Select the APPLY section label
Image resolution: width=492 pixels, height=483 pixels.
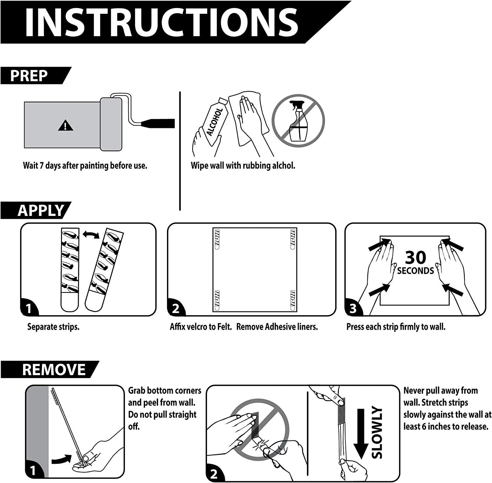point(36,210)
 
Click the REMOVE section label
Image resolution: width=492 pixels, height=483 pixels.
point(49,369)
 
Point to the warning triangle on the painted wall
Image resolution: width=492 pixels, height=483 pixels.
point(66,125)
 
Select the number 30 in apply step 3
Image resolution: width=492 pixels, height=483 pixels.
point(415,258)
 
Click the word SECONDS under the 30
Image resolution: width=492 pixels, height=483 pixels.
point(415,271)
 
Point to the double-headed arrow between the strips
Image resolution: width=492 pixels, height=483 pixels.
point(91,234)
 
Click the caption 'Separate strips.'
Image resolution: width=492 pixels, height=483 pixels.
point(53,327)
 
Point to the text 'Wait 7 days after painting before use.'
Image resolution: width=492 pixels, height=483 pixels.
point(85,165)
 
